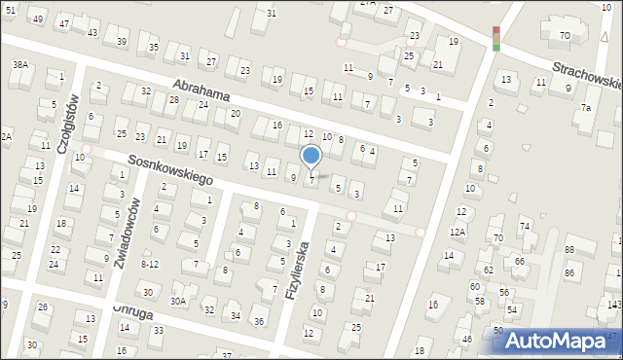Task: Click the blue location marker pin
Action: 311,156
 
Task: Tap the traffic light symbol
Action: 495,39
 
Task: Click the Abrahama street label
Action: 202,93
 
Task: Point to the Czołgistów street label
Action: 65,124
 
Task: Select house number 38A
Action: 19,64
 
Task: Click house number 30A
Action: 177,302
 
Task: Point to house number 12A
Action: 458,232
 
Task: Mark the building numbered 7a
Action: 585,107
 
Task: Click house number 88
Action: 568,251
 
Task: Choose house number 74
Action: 524,226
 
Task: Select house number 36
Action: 258,321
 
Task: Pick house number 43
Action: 92,32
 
